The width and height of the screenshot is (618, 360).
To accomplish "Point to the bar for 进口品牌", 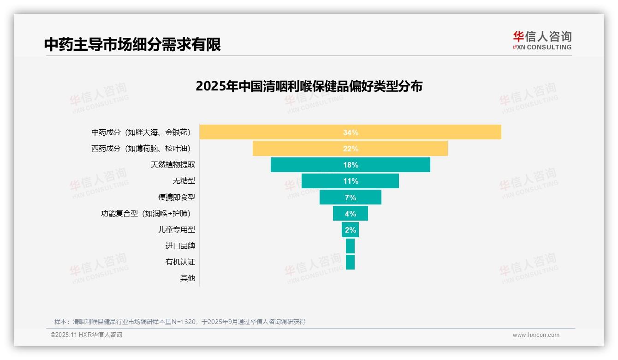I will [x=350, y=246].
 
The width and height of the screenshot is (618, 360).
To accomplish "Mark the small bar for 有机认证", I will [x=350, y=262].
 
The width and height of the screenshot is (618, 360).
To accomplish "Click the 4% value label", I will [x=351, y=214].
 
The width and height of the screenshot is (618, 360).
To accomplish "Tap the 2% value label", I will [x=351, y=230].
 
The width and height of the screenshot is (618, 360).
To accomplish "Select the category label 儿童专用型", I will [x=176, y=229].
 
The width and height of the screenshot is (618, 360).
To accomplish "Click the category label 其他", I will [x=187, y=278].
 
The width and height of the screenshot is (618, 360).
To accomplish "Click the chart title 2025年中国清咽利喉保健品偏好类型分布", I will [x=309, y=86].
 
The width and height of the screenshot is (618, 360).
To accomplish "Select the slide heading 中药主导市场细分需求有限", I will [x=132, y=44].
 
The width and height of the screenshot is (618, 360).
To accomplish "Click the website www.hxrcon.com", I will [x=536, y=335].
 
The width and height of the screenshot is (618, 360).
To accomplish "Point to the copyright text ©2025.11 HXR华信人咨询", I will [x=86, y=335].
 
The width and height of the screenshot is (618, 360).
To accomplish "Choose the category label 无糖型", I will [x=184, y=181].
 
